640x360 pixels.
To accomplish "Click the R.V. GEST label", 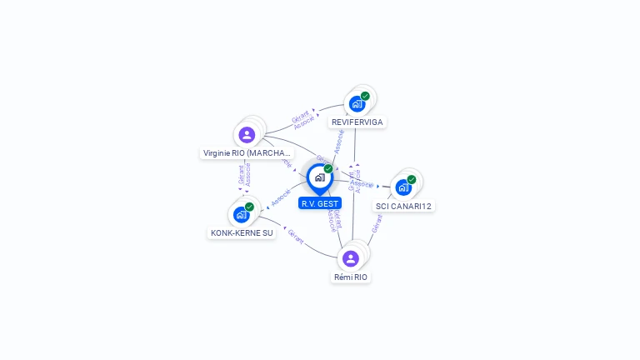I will click(320, 203).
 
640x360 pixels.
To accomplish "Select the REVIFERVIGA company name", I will click(357, 122).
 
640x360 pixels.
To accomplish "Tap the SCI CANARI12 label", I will click(404, 206).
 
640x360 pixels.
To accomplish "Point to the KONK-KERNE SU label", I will click(242, 232).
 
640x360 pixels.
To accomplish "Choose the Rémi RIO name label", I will click(351, 277).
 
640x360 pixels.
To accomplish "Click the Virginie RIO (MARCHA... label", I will click(247, 153).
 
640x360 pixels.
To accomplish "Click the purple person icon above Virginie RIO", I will click(247, 134).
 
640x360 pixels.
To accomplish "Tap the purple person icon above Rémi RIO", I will click(350, 258).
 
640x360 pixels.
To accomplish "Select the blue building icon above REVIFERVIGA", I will click(357, 104).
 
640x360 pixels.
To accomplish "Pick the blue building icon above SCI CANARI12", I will click(403, 187).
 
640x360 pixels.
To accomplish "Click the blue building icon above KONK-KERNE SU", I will click(241, 214).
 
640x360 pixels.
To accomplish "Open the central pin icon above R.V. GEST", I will click(319, 177).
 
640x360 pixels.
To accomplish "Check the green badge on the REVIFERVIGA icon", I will click(365, 96).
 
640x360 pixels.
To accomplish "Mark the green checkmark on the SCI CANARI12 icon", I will click(412, 179).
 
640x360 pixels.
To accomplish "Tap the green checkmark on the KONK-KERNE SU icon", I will click(249, 207).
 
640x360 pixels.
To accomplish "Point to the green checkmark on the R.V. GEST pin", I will click(328, 168).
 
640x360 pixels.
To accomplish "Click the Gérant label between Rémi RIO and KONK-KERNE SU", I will click(296, 235).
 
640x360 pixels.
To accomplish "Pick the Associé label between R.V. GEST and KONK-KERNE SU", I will click(280, 197).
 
